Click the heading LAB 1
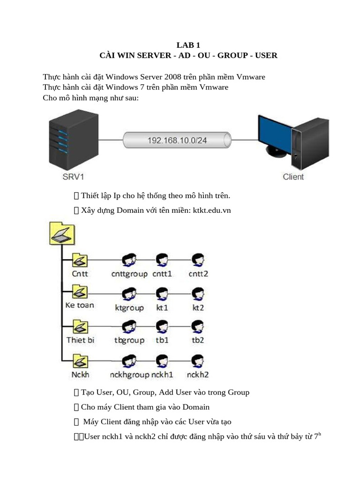[x=188, y=45]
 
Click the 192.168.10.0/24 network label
[x=177, y=140]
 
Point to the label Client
[x=293, y=177]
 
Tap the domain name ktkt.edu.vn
[x=212, y=210]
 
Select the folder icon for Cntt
[x=80, y=259]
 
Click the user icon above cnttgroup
[x=129, y=259]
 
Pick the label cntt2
[x=198, y=273]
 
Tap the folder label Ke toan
[x=79, y=305]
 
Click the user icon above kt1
[x=162, y=294]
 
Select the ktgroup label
[x=129, y=308]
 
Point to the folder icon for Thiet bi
[x=80, y=327]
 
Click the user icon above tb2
[x=198, y=326]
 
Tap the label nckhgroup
[x=129, y=375]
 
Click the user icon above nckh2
[x=198, y=361]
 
